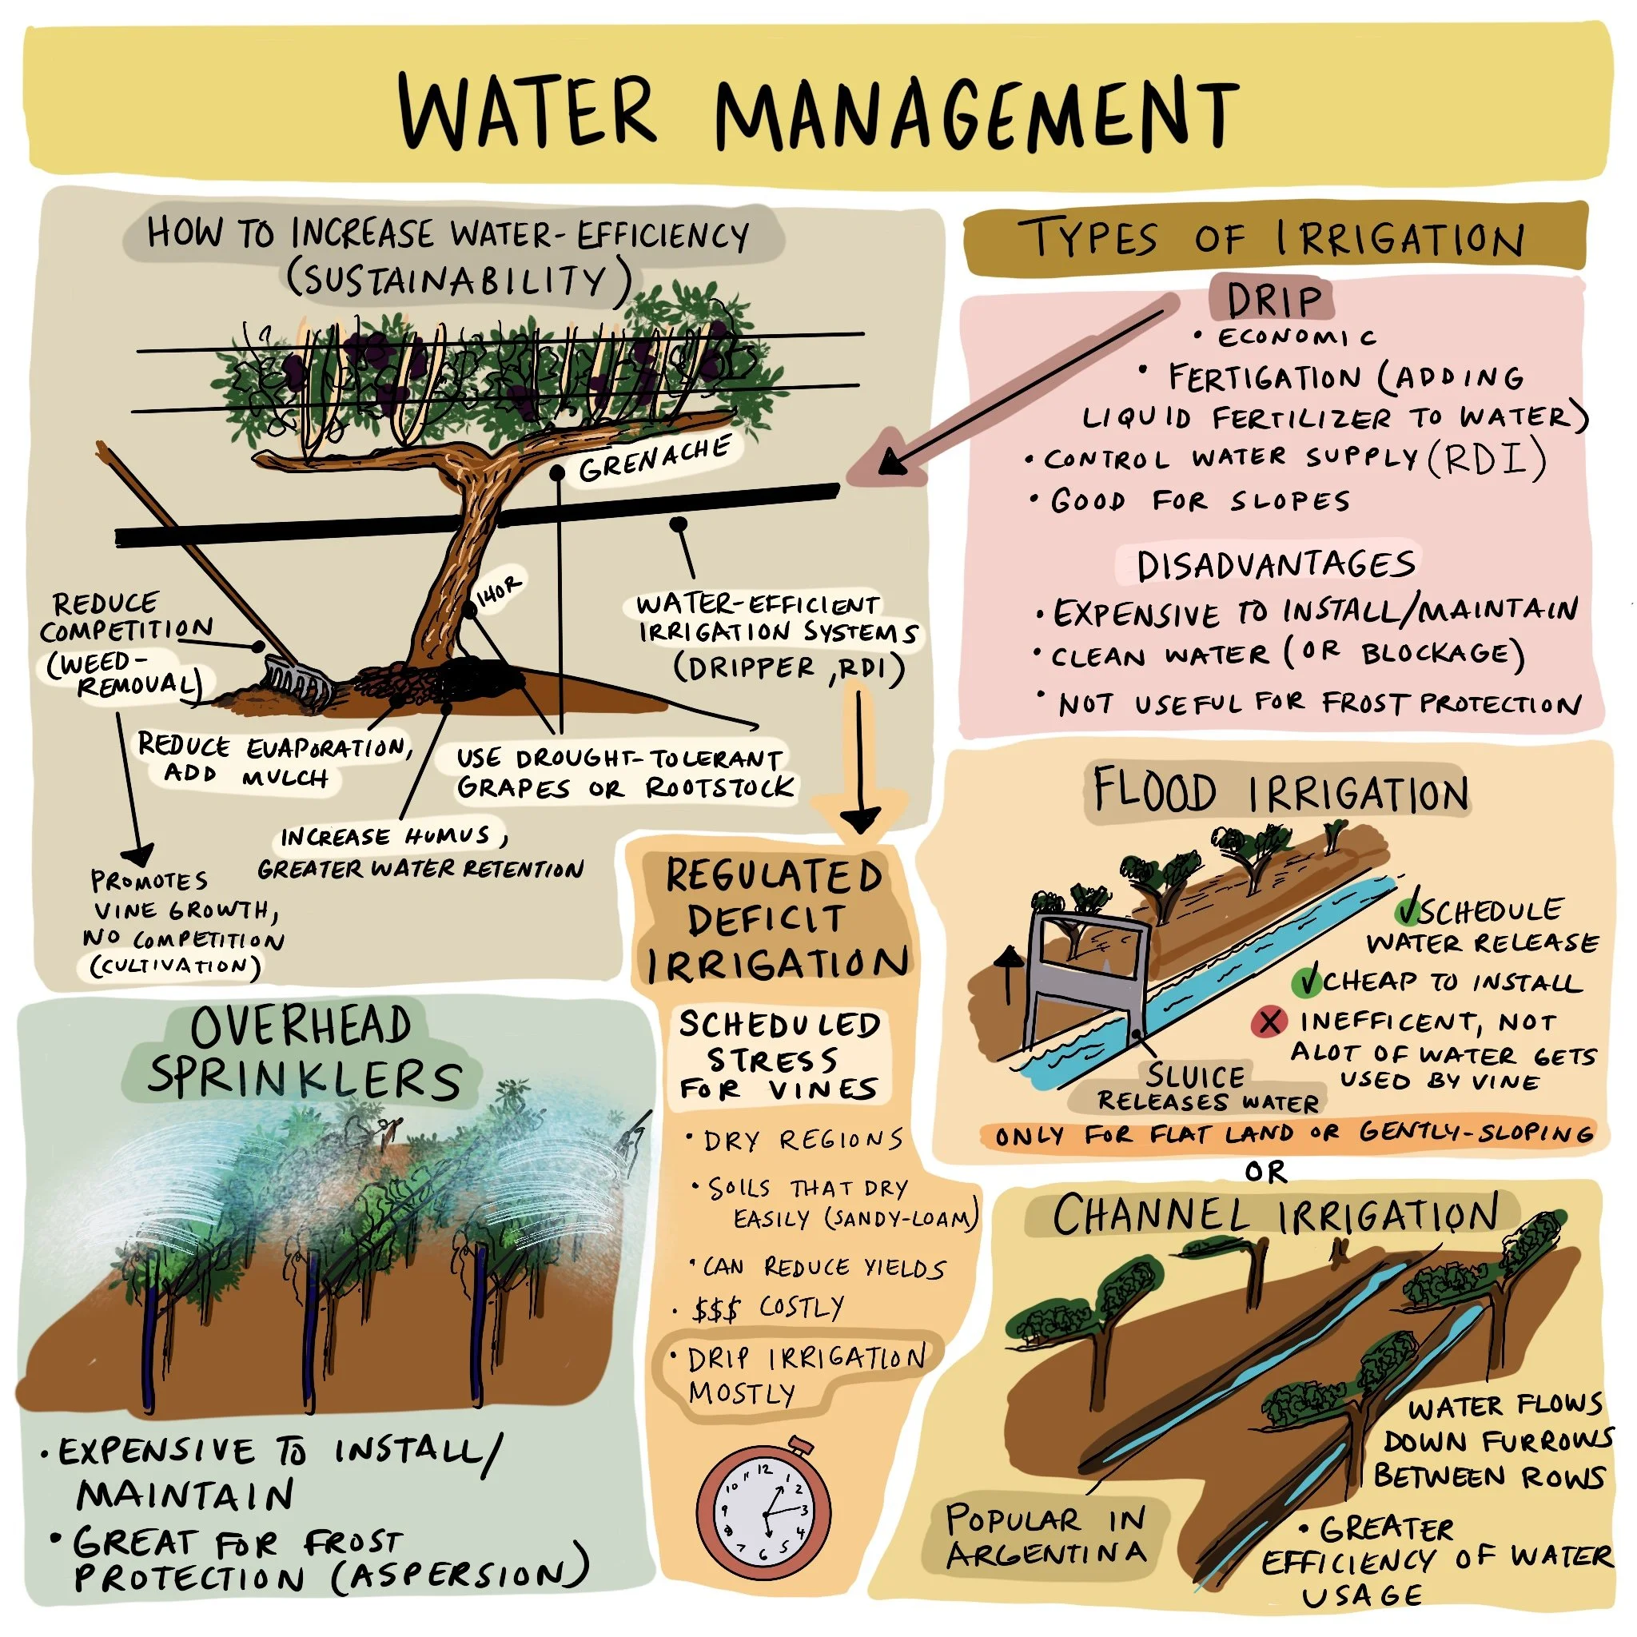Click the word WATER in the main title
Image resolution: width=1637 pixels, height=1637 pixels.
pos(527,111)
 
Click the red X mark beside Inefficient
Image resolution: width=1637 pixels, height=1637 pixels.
pos(1269,1022)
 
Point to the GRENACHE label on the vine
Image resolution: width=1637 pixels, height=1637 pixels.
pos(654,458)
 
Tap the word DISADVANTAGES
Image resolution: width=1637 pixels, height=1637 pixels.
pos(1276,566)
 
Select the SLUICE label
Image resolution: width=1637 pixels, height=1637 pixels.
pos(1196,1077)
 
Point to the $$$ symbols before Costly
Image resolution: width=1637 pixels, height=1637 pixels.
pos(716,1310)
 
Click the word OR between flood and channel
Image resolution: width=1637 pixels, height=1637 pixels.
pos(1266,1172)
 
